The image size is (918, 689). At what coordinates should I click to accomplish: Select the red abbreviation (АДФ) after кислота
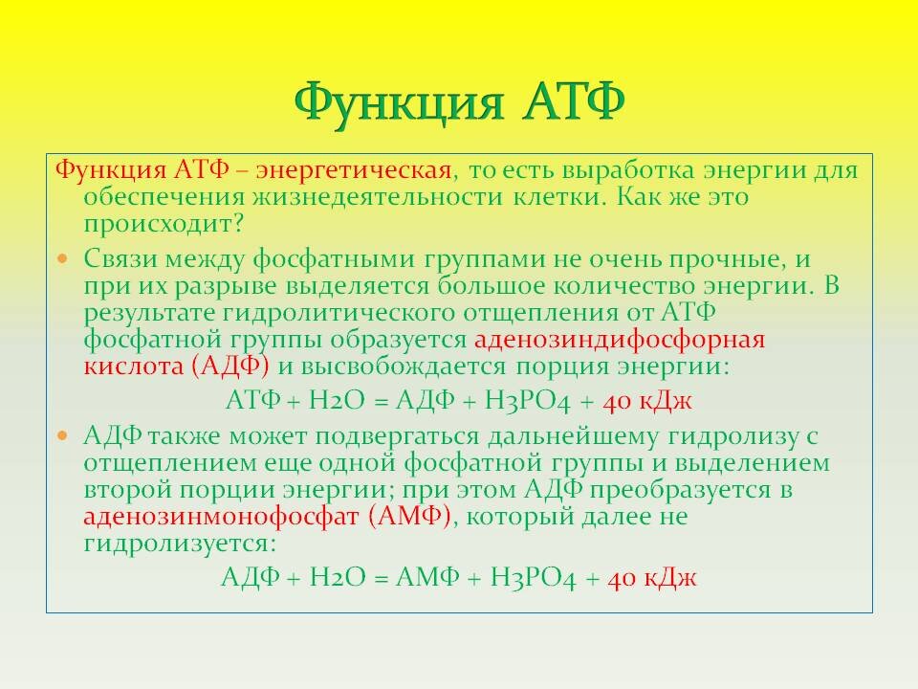229,367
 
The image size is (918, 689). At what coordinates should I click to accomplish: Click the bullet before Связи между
64,259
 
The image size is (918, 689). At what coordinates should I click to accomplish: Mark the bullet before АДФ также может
64,436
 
